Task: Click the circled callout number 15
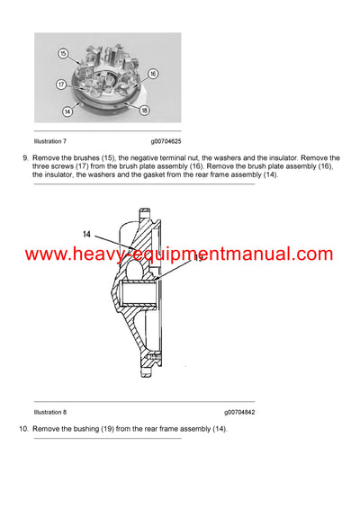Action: [x=63, y=54]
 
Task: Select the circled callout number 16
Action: [x=153, y=73]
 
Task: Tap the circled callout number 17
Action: [x=61, y=85]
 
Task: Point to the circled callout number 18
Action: [x=143, y=109]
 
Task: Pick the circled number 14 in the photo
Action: [x=67, y=112]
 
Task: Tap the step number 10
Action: [x=23, y=428]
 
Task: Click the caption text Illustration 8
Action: [x=49, y=411]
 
